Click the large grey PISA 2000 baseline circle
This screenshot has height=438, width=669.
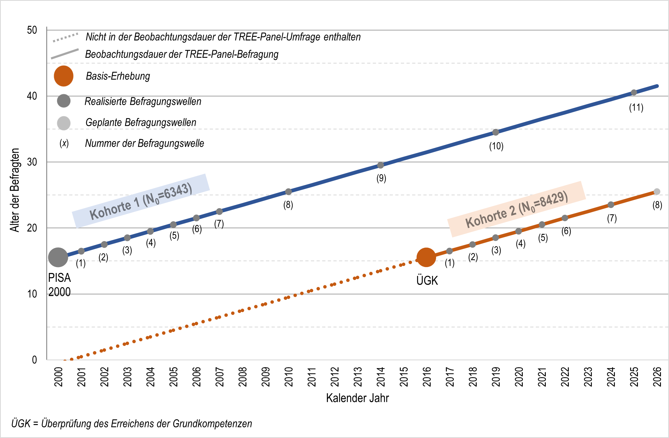(58, 257)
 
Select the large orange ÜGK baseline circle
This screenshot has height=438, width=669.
(426, 257)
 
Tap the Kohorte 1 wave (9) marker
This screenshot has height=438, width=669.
(380, 165)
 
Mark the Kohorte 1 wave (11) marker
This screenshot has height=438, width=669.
(634, 92)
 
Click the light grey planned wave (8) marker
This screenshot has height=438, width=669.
(657, 192)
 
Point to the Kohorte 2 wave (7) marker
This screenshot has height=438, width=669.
(611, 205)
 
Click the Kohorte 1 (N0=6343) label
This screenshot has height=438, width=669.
(141, 201)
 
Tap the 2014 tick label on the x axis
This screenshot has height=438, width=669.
(381, 377)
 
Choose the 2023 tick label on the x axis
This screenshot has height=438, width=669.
(588, 377)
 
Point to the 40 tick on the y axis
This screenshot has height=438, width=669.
(32, 96)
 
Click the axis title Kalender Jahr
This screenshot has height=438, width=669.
(357, 398)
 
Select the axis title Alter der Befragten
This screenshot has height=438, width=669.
(15, 190)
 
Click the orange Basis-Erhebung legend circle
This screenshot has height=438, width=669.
(64, 76)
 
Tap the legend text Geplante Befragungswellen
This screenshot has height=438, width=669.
(141, 122)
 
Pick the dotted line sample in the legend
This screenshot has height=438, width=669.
(66, 38)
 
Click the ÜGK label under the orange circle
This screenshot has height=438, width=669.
(427, 280)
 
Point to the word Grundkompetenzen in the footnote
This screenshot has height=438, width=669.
(212, 423)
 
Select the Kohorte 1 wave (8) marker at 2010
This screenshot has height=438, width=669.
(288, 192)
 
